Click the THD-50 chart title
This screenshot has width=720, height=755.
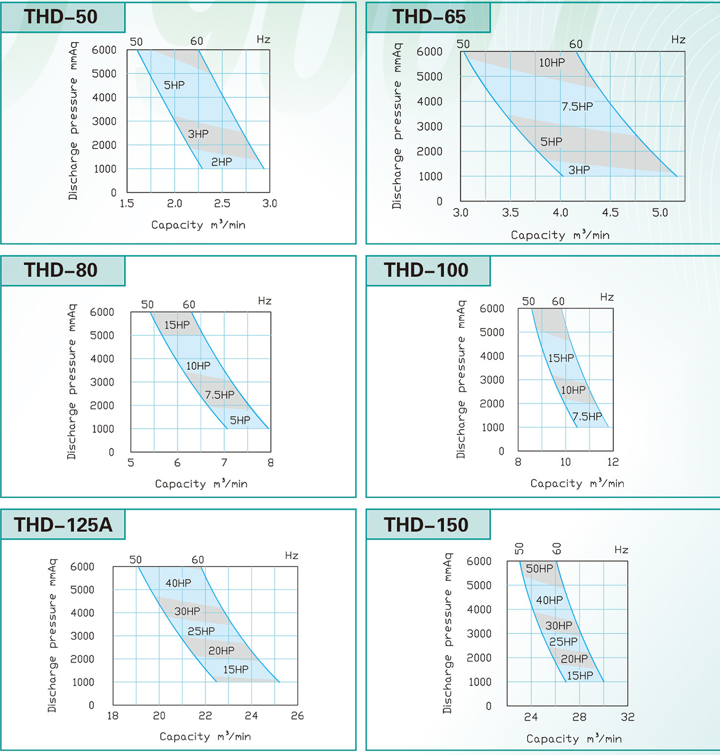[61, 17]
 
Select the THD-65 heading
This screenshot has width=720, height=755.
[429, 17]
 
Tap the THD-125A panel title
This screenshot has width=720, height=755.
[63, 525]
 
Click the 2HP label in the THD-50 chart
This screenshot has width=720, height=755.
[222, 162]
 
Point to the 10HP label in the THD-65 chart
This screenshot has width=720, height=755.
[552, 63]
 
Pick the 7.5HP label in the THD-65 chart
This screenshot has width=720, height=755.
[577, 106]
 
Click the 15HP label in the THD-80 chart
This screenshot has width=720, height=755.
[177, 325]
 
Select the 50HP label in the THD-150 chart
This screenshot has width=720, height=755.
[539, 568]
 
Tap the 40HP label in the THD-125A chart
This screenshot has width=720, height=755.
[178, 583]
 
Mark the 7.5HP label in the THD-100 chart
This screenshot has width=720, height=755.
[587, 417]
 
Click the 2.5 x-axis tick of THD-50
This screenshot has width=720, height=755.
[222, 204]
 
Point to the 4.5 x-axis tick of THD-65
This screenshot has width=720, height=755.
[610, 213]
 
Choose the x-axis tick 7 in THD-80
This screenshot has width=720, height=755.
[224, 462]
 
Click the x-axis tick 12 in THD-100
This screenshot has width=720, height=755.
[613, 462]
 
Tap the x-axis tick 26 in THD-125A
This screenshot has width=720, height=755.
[297, 716]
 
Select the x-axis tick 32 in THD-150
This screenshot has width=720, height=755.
[628, 717]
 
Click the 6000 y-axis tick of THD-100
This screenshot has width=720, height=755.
[492, 309]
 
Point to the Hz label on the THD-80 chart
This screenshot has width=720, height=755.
[265, 301]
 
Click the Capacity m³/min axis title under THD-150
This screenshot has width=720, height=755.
[574, 739]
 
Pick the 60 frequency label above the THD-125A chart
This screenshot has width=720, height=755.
[198, 560]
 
